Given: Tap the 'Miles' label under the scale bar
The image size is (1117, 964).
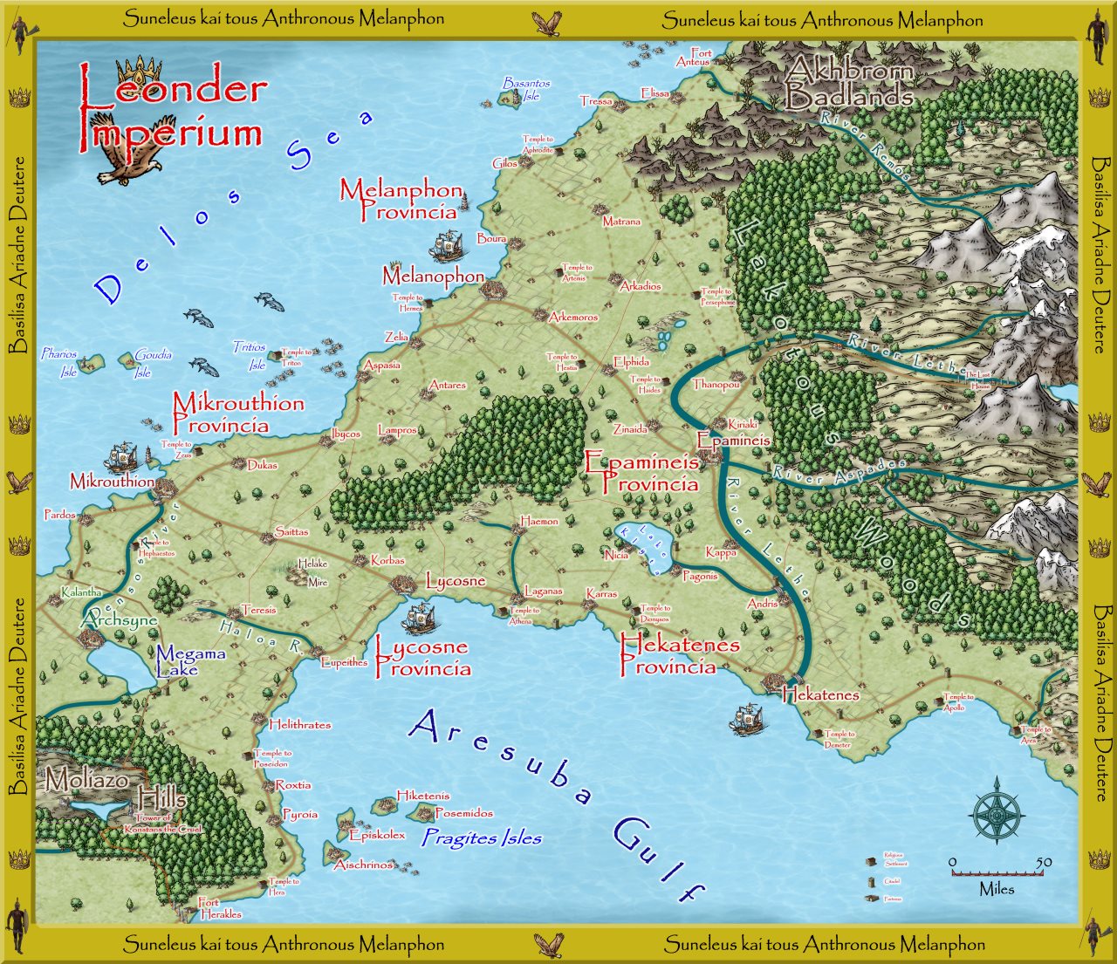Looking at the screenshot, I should click(x=997, y=889).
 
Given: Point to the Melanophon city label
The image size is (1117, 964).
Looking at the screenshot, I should click(x=433, y=277).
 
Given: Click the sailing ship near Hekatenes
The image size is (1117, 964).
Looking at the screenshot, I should click(x=746, y=718).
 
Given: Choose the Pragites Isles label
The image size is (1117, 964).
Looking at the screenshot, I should click(x=482, y=838).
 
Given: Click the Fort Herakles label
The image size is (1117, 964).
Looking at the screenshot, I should click(x=220, y=908).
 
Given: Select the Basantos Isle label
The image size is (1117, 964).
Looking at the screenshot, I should click(x=527, y=89).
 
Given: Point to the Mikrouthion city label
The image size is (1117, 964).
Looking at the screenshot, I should click(x=112, y=481).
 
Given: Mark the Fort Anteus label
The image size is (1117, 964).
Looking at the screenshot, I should click(x=694, y=58).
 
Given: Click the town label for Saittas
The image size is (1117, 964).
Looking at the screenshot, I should click(x=291, y=531).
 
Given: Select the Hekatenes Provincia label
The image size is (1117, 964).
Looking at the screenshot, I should click(x=679, y=655).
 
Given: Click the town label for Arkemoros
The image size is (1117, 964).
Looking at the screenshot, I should click(x=573, y=317).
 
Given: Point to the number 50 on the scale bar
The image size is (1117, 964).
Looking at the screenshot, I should click(x=1044, y=862).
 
